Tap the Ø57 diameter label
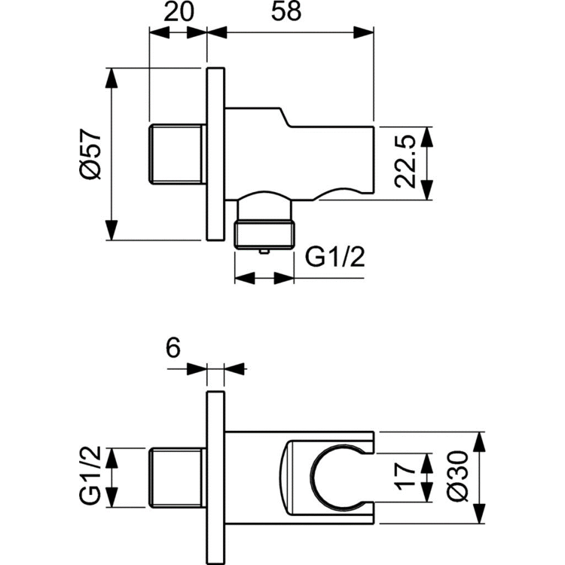point(90,155)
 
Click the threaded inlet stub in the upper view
point(177,154)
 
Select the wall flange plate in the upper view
point(215,154)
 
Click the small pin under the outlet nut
point(264,252)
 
